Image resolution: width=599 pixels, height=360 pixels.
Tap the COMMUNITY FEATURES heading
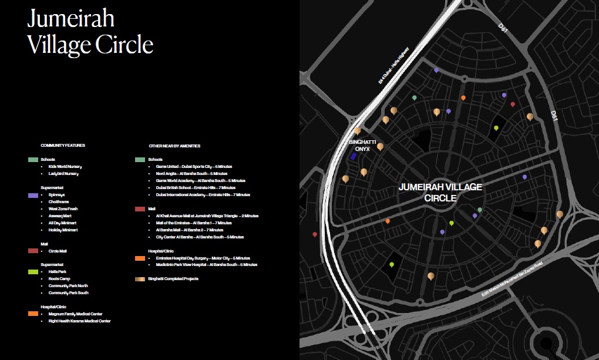pos(63,145)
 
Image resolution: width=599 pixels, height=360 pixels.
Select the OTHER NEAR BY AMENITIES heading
pos(174,145)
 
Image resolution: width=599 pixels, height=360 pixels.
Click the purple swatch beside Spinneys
pos(33,194)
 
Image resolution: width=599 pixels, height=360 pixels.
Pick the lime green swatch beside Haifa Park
pos(33,272)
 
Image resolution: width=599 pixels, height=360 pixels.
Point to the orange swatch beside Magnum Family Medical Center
pos(33,314)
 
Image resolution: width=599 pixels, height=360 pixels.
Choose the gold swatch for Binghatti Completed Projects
pos(140,279)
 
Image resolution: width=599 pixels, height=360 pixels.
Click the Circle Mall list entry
pos(58,251)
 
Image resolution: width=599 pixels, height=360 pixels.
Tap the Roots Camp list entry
pos(60,279)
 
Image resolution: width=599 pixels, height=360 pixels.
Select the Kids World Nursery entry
pos(65,167)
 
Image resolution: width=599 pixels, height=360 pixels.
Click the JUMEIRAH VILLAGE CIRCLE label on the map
pos(440,192)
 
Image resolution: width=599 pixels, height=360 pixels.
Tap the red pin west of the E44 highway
pos(315,234)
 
